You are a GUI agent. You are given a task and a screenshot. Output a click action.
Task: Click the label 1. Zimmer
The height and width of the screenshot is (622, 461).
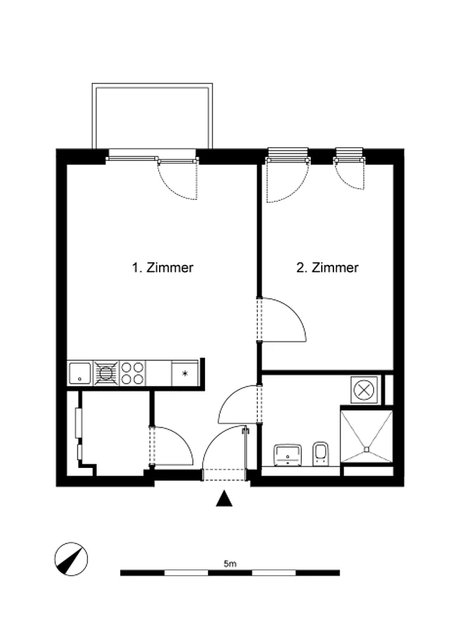click(163, 267)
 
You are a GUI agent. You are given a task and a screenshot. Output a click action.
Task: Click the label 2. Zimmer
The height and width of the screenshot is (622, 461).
click(327, 267)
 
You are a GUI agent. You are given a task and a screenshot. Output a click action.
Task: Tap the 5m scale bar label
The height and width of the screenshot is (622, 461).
click(230, 563)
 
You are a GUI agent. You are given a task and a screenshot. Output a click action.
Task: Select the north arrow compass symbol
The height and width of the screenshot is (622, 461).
click(71, 559)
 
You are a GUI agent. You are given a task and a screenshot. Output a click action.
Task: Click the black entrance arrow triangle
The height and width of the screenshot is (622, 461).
click(224, 499)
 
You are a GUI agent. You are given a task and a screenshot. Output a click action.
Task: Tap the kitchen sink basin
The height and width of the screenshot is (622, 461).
click(80, 373)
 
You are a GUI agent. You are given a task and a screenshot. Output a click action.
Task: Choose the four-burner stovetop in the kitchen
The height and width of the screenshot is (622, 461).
click(132, 373)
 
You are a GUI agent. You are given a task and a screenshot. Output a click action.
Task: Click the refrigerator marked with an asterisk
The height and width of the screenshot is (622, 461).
click(185, 373)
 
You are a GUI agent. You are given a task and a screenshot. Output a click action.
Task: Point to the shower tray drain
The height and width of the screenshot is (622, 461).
click(366, 449)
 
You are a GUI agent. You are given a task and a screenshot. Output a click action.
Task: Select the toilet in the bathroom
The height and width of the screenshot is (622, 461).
click(320, 453)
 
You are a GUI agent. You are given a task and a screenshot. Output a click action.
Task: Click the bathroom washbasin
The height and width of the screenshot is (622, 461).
click(287, 455)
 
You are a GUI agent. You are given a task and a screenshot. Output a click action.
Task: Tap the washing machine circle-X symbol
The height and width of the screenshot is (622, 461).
click(364, 390)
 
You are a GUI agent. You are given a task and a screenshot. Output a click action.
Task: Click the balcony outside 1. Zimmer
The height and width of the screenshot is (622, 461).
click(152, 116)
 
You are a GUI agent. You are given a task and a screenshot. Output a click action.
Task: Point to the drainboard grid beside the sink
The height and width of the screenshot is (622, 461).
click(106, 373)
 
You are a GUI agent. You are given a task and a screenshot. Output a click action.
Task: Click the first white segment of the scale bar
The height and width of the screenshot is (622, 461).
click(186, 573)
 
